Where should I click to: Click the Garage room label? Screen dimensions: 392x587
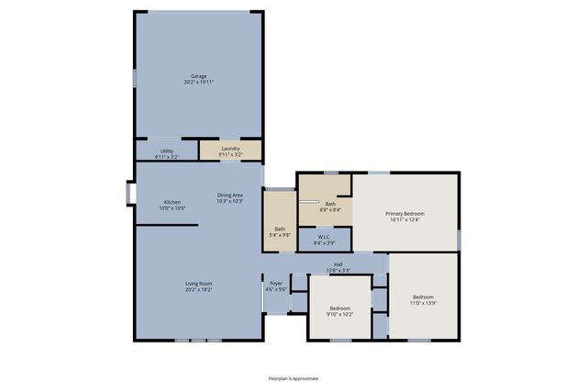(198, 76)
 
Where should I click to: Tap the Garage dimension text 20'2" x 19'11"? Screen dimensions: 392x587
(198, 83)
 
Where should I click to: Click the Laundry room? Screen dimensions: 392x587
(230, 151)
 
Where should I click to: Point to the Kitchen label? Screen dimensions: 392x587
(172, 202)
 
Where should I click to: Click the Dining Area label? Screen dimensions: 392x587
(229, 195)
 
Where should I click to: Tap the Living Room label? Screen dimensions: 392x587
(198, 284)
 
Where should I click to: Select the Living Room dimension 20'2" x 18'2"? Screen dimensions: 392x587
(198, 290)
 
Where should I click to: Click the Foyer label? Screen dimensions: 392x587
(276, 284)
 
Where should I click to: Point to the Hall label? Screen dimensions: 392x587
(338, 264)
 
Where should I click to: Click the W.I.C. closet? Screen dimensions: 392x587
(325, 240)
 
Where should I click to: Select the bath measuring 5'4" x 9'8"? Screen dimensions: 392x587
(280, 230)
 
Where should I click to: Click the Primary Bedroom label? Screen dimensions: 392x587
(404, 213)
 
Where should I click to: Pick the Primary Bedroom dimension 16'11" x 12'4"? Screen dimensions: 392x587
(404, 219)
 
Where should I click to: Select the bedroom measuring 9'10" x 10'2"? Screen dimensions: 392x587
(339, 310)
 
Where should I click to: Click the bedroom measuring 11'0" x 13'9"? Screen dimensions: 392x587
(423, 298)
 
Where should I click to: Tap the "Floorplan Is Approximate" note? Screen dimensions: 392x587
(293, 377)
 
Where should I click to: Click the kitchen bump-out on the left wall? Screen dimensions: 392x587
(130, 195)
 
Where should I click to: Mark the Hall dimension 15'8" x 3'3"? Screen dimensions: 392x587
(338, 271)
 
